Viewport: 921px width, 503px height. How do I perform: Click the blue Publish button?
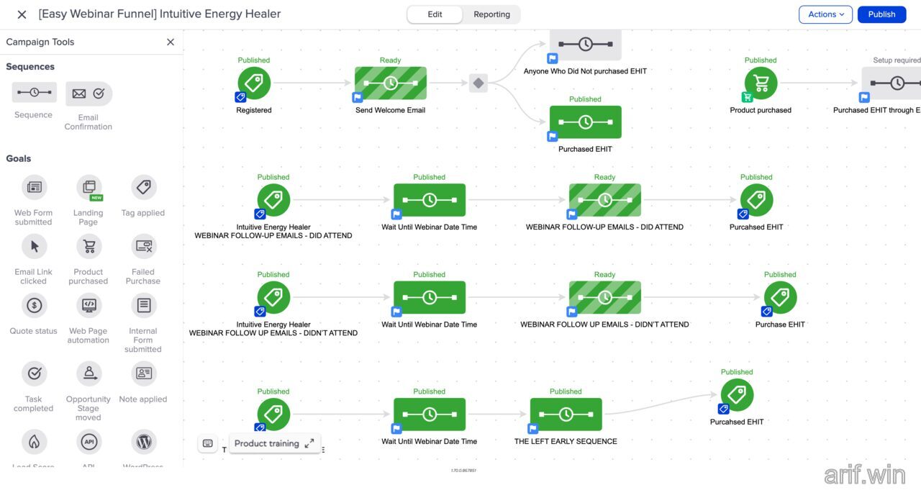(881, 14)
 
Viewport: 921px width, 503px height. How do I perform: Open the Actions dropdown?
(825, 14)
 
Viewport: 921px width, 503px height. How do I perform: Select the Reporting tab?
(491, 14)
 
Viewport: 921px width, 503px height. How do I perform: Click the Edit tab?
(435, 14)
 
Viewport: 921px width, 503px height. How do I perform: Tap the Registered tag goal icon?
(254, 83)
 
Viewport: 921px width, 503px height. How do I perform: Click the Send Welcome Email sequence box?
(391, 83)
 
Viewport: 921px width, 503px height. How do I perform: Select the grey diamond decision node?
(478, 83)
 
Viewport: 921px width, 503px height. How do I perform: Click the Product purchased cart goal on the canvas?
(761, 83)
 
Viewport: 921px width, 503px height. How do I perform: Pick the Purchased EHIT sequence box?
(585, 122)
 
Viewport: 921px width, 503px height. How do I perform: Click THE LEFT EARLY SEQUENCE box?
(566, 414)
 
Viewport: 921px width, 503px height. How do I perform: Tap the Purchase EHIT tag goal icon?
(780, 297)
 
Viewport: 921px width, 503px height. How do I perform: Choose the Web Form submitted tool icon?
(34, 188)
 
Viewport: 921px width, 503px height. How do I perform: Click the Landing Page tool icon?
(89, 188)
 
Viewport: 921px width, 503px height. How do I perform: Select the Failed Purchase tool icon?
(143, 247)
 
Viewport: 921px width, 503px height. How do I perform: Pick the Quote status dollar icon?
(34, 306)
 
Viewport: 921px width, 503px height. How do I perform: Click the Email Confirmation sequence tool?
(89, 94)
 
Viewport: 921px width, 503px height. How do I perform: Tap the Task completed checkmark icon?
(34, 373)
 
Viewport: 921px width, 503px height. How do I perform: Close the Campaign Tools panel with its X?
(171, 42)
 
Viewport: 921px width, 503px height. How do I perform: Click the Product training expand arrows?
(309, 443)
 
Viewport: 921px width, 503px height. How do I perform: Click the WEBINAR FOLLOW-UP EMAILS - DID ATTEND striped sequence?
(604, 200)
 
